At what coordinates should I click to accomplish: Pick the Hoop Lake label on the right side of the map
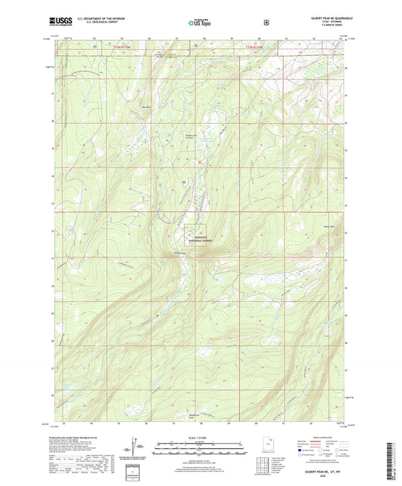328,226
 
